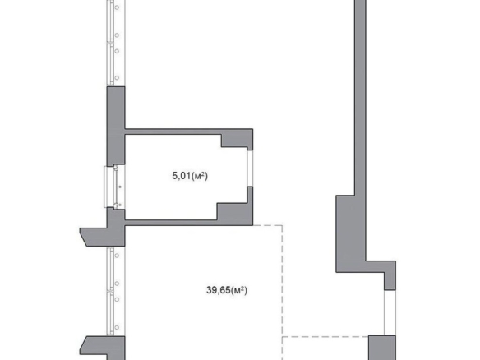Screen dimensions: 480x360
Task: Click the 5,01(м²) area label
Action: [x=190, y=176]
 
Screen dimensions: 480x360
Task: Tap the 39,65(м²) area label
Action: [x=227, y=290]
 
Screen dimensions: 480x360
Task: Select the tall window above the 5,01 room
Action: [x=116, y=43]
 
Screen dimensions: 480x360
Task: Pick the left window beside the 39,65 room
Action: [x=116, y=291]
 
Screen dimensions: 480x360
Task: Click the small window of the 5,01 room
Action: [x=114, y=187]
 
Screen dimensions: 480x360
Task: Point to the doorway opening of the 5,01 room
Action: [x=250, y=168]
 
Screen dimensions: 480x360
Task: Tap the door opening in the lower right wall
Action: [x=390, y=312]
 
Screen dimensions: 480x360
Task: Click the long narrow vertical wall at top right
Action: [x=360, y=97]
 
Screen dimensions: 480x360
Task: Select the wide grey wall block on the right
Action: [x=351, y=234]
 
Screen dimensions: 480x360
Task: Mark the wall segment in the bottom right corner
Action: [x=382, y=348]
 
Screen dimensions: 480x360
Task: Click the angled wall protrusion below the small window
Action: [x=102, y=237]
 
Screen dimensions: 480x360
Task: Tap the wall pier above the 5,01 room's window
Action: [x=116, y=126]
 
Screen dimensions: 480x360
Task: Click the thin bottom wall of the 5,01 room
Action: [x=172, y=223]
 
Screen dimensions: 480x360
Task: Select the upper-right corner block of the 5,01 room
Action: [x=237, y=138]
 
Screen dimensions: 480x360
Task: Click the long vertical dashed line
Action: [x=282, y=293]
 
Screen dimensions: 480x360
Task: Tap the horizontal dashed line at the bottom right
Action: [x=325, y=337]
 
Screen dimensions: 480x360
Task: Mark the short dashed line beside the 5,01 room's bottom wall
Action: [x=268, y=225]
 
